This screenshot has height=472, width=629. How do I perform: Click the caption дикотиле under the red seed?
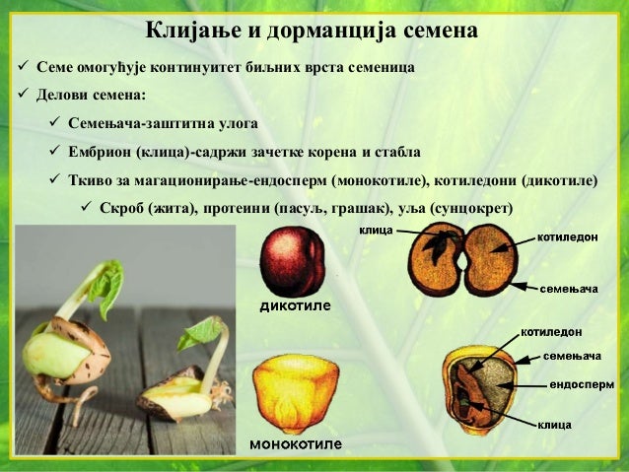coord(294,305)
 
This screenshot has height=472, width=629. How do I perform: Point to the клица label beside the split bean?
coord(376,230)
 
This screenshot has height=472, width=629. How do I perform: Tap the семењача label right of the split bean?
coord(569,289)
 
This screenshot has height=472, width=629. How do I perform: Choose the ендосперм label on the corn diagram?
coord(581,383)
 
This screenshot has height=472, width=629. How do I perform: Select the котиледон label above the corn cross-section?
coord(551,332)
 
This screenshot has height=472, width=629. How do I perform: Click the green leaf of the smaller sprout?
coord(199,332)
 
